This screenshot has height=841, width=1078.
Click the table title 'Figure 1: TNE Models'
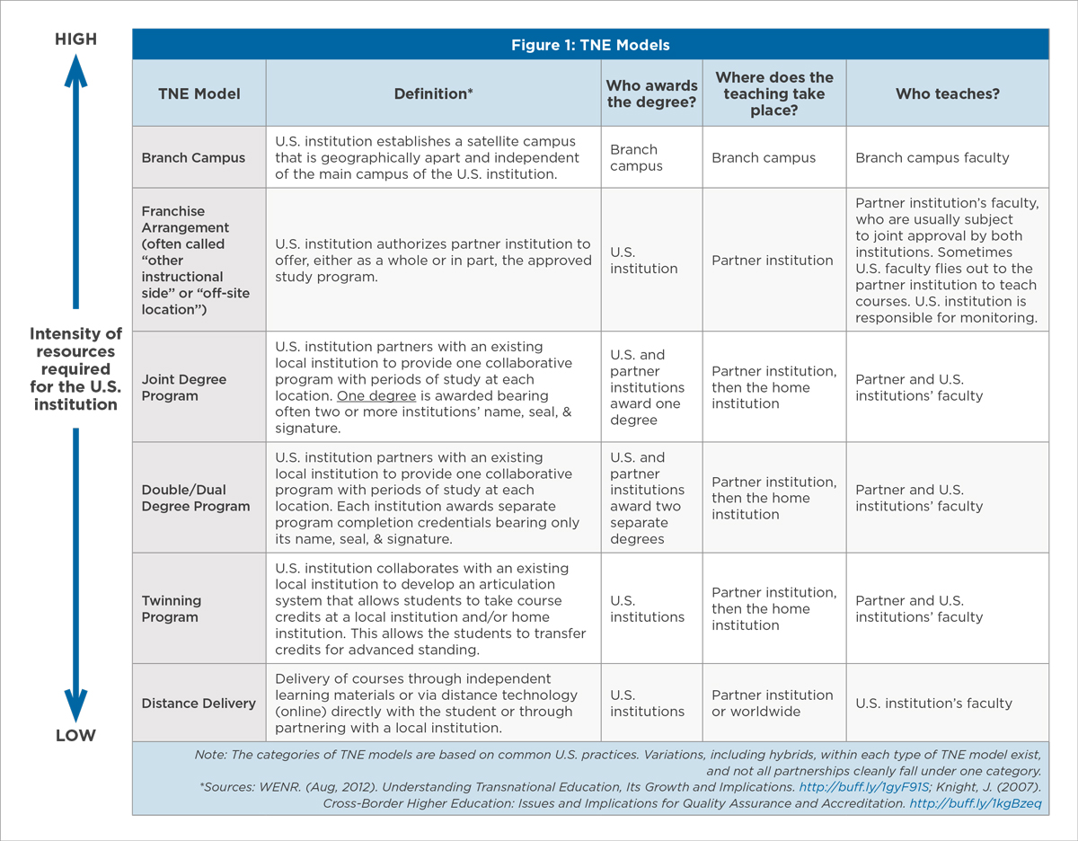click(590, 45)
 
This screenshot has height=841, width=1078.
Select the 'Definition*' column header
click(433, 93)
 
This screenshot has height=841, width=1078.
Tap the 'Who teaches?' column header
click(947, 93)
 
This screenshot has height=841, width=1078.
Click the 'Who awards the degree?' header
click(651, 93)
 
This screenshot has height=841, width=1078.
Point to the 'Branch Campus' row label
click(193, 157)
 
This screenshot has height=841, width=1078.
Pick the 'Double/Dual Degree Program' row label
click(196, 498)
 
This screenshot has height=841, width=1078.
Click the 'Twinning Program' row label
click(172, 608)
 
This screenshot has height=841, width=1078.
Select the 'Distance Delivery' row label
click(199, 704)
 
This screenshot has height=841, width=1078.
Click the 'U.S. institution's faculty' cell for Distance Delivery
click(933, 704)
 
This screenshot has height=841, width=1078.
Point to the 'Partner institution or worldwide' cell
click(773, 704)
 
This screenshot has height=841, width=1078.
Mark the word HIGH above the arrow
click(75, 40)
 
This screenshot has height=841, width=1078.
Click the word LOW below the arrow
click(75, 736)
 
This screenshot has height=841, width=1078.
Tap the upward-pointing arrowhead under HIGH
click(75, 70)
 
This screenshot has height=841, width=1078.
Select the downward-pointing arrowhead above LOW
click(75, 704)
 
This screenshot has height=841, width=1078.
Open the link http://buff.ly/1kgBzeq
click(976, 803)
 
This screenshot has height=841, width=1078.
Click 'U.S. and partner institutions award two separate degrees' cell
click(647, 498)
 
